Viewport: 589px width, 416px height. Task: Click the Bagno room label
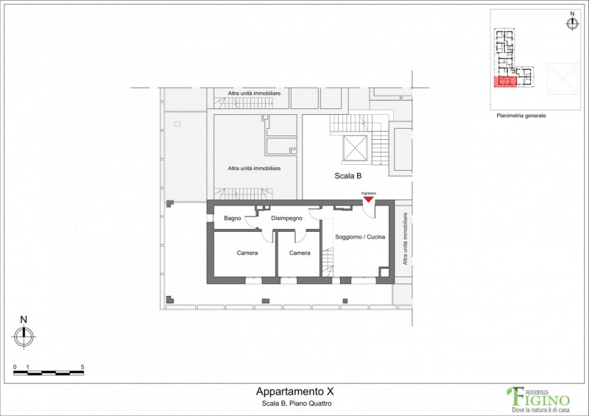(232, 219)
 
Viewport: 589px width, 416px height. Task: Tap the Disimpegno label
(286, 219)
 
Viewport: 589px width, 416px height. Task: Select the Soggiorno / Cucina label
(360, 237)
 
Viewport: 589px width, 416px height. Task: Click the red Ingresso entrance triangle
(369, 200)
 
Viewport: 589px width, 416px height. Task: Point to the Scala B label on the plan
(348, 176)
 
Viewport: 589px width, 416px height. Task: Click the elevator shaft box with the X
(355, 148)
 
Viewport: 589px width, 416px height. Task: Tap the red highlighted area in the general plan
(505, 82)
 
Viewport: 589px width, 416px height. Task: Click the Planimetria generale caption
(521, 116)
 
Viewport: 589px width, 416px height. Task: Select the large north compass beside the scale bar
(24, 336)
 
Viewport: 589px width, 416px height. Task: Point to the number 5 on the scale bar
(82, 367)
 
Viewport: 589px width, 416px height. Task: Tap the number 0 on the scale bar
(15, 367)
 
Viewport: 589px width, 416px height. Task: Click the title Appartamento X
(295, 392)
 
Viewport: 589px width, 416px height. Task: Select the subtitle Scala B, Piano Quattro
(297, 403)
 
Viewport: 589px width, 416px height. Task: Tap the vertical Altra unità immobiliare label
(405, 239)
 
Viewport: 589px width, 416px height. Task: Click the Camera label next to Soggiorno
(300, 253)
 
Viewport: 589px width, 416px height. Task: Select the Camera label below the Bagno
(247, 253)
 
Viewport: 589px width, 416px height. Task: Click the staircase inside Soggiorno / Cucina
(328, 262)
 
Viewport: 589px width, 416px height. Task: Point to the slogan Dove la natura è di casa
(541, 409)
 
